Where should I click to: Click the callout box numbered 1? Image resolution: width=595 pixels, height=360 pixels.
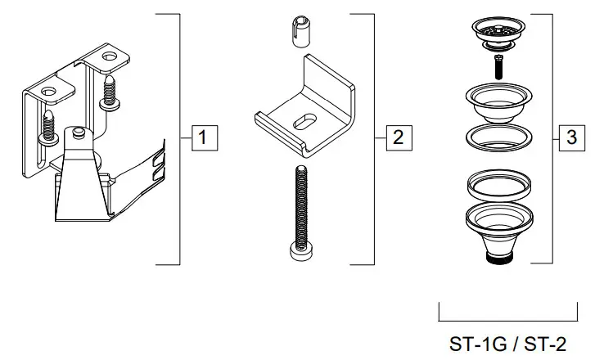pyautogui.click(x=204, y=137)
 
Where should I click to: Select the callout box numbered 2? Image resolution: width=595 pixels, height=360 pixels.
pyautogui.click(x=397, y=137)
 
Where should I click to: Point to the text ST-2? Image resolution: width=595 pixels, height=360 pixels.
pyautogui.click(x=543, y=344)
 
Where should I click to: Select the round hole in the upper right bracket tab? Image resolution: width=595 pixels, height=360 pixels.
pyautogui.click(x=109, y=58)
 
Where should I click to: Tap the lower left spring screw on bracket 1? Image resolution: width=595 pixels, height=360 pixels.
pyautogui.click(x=47, y=124)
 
